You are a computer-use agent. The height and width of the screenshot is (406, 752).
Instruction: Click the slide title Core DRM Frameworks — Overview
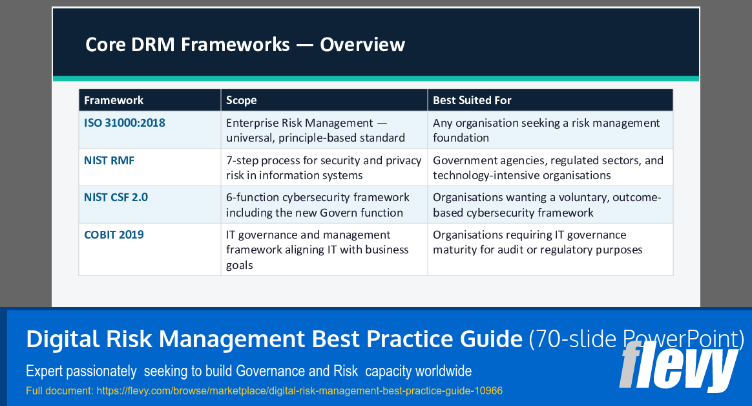tap(245, 44)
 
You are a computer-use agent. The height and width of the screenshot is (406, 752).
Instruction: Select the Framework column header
tap(114, 100)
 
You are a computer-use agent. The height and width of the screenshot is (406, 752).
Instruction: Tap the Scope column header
tap(241, 100)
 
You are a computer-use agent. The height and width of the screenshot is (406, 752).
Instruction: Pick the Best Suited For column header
tap(472, 100)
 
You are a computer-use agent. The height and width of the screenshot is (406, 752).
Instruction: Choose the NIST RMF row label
tap(109, 160)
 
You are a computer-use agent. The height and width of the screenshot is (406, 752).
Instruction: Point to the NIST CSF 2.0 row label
tap(116, 197)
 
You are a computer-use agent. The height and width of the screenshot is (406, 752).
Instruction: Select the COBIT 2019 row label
tap(114, 235)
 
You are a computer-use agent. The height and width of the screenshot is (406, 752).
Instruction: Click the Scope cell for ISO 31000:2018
tap(316, 130)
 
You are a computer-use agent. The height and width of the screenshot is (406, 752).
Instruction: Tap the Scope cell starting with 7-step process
tap(323, 167)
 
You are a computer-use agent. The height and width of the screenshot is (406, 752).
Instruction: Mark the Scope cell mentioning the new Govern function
tap(317, 205)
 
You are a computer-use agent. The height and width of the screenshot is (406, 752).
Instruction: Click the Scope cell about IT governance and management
tap(317, 250)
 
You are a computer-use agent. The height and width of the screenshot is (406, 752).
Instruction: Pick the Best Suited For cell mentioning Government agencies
tap(548, 167)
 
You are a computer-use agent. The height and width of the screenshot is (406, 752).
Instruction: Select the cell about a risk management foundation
tap(546, 130)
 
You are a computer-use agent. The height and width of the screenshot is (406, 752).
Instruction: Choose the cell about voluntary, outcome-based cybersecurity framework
tap(547, 205)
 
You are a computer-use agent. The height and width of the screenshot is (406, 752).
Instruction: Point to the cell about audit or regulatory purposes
tap(538, 242)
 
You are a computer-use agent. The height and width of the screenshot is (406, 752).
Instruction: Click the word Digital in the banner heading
tap(63, 338)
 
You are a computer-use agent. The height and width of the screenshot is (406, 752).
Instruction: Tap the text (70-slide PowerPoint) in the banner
tap(636, 338)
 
